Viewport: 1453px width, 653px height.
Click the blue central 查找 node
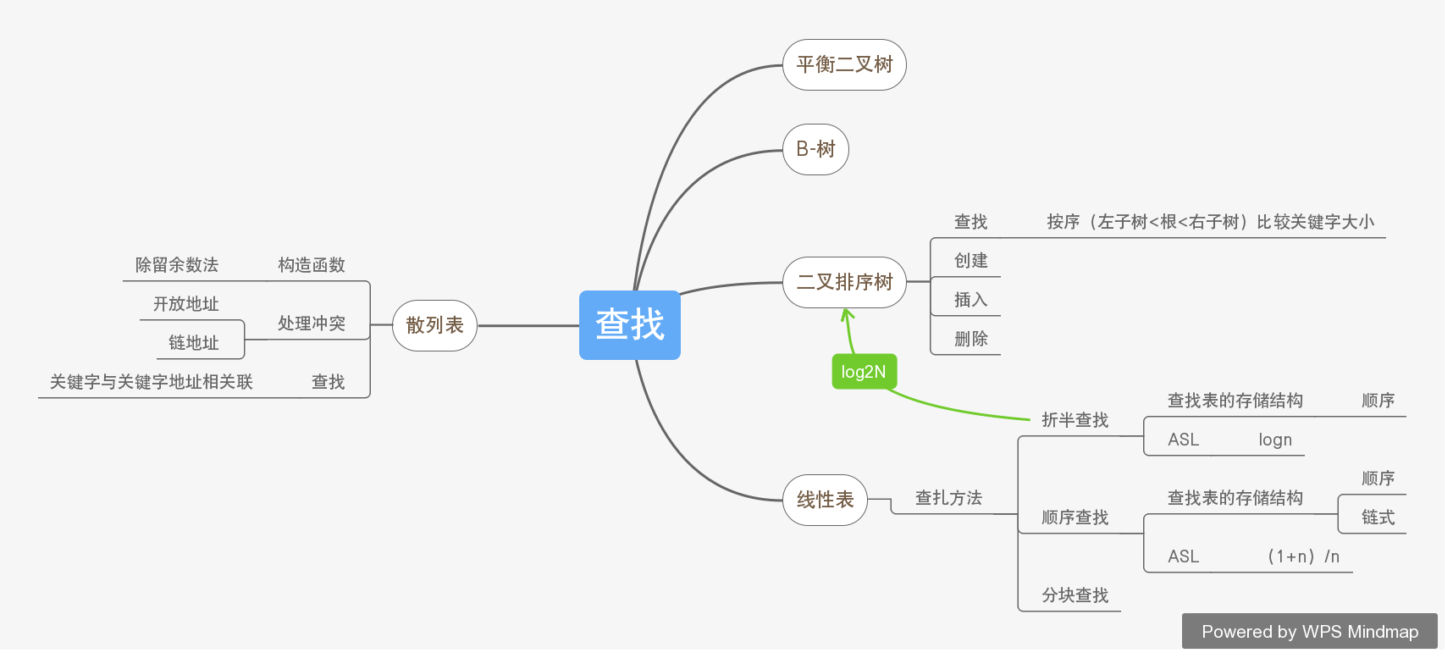[x=629, y=324]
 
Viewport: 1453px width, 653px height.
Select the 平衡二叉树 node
[x=844, y=64]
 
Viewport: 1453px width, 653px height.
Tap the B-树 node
[x=815, y=149]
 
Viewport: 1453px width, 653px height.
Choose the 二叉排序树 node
[x=844, y=282]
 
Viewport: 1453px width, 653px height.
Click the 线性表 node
[x=825, y=500]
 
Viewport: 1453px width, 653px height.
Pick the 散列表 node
[x=434, y=325]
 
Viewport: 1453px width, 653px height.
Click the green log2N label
[x=863, y=372]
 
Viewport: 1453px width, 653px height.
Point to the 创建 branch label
[x=970, y=261]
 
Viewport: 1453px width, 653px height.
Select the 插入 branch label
[x=970, y=300]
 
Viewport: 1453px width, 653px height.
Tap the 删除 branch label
[x=970, y=339]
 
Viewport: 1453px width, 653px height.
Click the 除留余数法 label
[x=177, y=265]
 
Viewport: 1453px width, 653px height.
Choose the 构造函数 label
[x=312, y=265]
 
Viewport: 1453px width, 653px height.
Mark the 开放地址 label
[x=186, y=304]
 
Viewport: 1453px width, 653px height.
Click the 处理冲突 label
[x=312, y=324]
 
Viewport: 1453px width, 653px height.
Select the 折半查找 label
[x=1075, y=420]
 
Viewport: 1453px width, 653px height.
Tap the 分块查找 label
[x=1075, y=595]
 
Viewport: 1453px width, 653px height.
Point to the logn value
[x=1274, y=440]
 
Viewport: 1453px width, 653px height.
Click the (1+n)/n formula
[x=1303, y=556]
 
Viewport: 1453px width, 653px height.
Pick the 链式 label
[x=1378, y=517]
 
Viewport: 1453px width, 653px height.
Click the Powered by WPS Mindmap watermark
[x=1309, y=632]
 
